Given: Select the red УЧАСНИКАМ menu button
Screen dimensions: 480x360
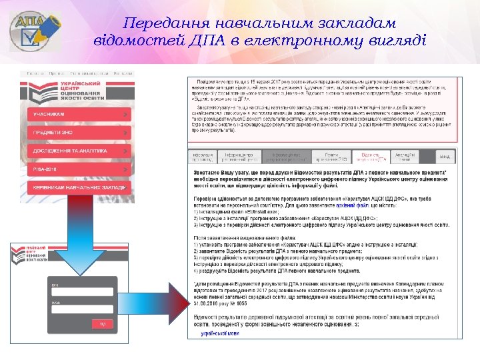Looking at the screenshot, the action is (79, 115).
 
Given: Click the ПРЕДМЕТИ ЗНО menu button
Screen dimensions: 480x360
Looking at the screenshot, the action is (79, 133).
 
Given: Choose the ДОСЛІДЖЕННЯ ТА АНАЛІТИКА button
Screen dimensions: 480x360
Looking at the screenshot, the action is (79, 151).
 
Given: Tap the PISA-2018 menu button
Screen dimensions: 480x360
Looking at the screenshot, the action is (79, 169).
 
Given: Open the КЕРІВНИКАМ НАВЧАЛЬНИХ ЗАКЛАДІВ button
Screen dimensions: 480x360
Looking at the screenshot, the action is (79, 188).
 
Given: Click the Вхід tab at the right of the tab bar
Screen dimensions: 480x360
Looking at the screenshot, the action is (445, 157).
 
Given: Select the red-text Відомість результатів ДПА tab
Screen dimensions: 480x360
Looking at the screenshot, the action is (371, 157).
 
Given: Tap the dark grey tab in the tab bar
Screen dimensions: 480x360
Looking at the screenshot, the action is (288, 157).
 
